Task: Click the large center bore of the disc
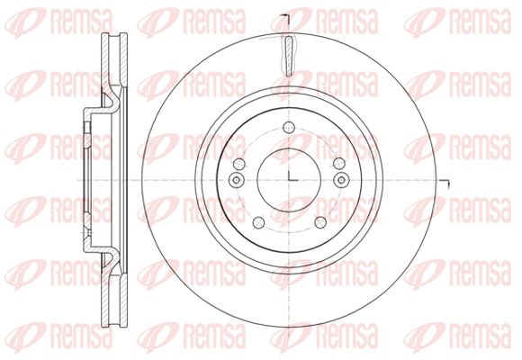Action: pos(289,180)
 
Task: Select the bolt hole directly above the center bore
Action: pos(289,127)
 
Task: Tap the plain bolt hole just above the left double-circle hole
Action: pos(239,164)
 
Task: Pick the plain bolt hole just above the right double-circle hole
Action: pos(339,164)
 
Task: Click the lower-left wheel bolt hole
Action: pos(258,223)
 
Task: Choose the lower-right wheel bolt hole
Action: pos(320,223)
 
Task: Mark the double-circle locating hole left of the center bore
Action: pos(237,180)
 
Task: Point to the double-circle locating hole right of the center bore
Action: pos(342,180)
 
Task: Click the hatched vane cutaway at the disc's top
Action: pos(289,56)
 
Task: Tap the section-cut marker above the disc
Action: pos(286,18)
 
